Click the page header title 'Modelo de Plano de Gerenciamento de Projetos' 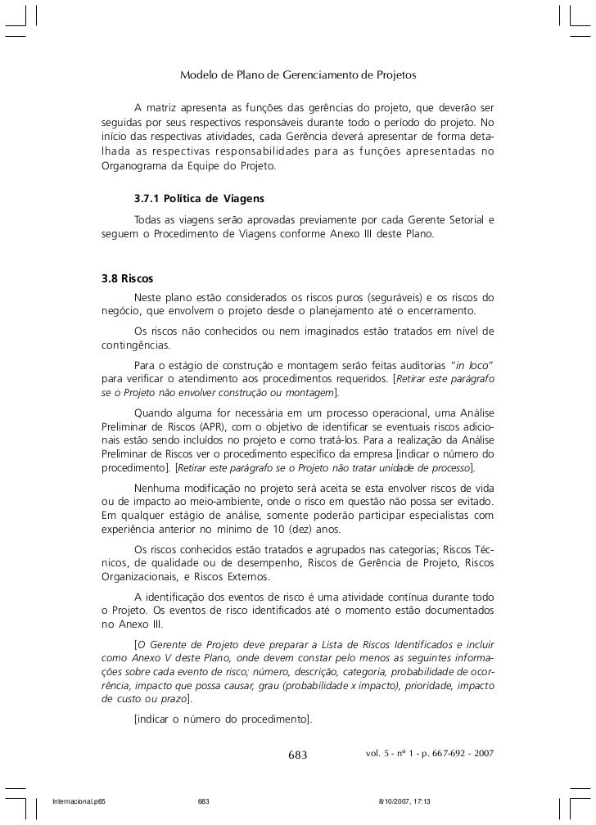(x=298, y=75)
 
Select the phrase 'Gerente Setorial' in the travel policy (x=444, y=219)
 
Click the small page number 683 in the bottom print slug (x=205, y=800)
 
